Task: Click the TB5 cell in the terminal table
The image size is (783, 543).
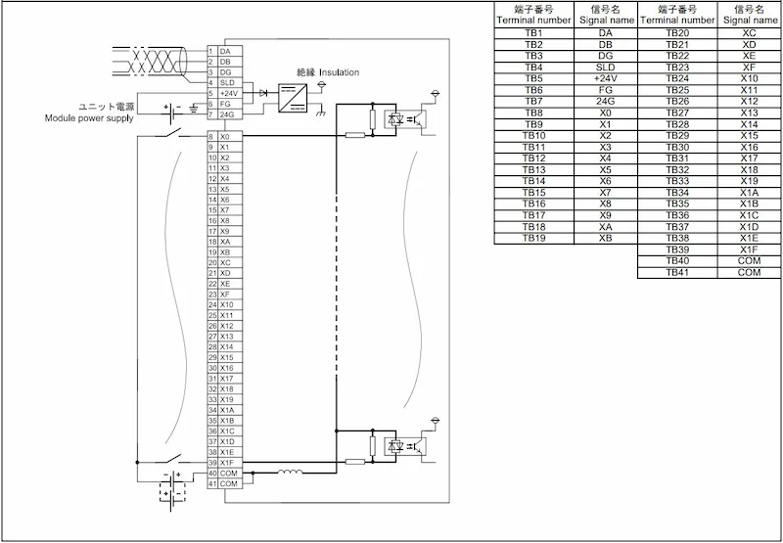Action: point(533,79)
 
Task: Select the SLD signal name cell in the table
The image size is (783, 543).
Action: point(605,68)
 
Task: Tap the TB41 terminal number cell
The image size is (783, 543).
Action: point(677,273)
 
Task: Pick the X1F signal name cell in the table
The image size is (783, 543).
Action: point(750,249)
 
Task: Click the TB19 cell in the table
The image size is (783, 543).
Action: point(533,238)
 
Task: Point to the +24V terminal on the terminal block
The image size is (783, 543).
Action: point(225,93)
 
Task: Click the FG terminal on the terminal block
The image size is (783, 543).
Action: point(225,104)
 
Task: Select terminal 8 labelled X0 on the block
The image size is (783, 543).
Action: point(225,136)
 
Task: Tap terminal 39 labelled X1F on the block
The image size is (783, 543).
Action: point(225,463)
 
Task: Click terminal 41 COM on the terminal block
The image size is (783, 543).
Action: point(225,483)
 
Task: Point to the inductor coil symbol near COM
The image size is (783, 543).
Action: point(290,472)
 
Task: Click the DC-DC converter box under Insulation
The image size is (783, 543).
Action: point(293,98)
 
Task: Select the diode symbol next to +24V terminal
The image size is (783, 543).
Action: point(263,93)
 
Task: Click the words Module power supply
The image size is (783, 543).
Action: point(89,118)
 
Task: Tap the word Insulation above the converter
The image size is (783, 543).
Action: point(339,72)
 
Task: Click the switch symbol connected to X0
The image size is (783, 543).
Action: point(168,134)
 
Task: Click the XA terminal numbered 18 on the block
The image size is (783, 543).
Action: point(225,242)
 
